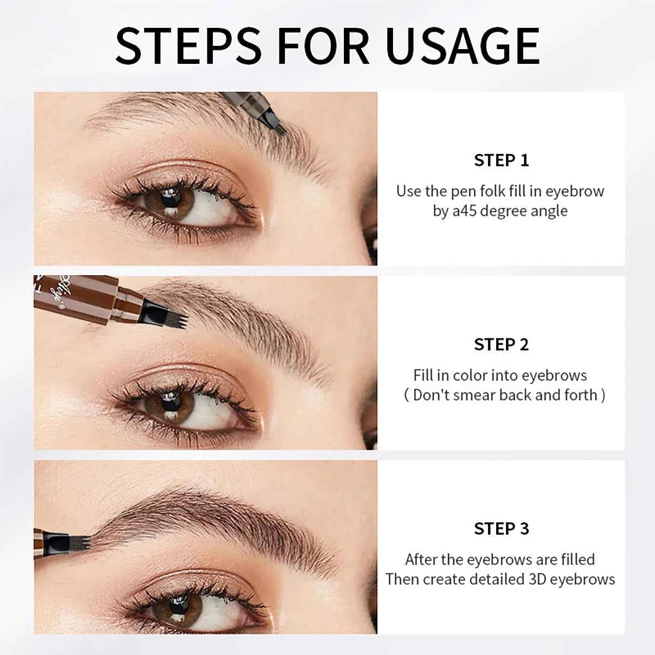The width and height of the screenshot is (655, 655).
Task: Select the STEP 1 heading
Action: (x=501, y=160)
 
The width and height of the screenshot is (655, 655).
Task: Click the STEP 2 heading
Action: (x=501, y=344)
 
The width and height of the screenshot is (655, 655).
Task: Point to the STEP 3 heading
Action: (x=501, y=528)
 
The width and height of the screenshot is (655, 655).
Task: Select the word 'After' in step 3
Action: (x=421, y=559)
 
